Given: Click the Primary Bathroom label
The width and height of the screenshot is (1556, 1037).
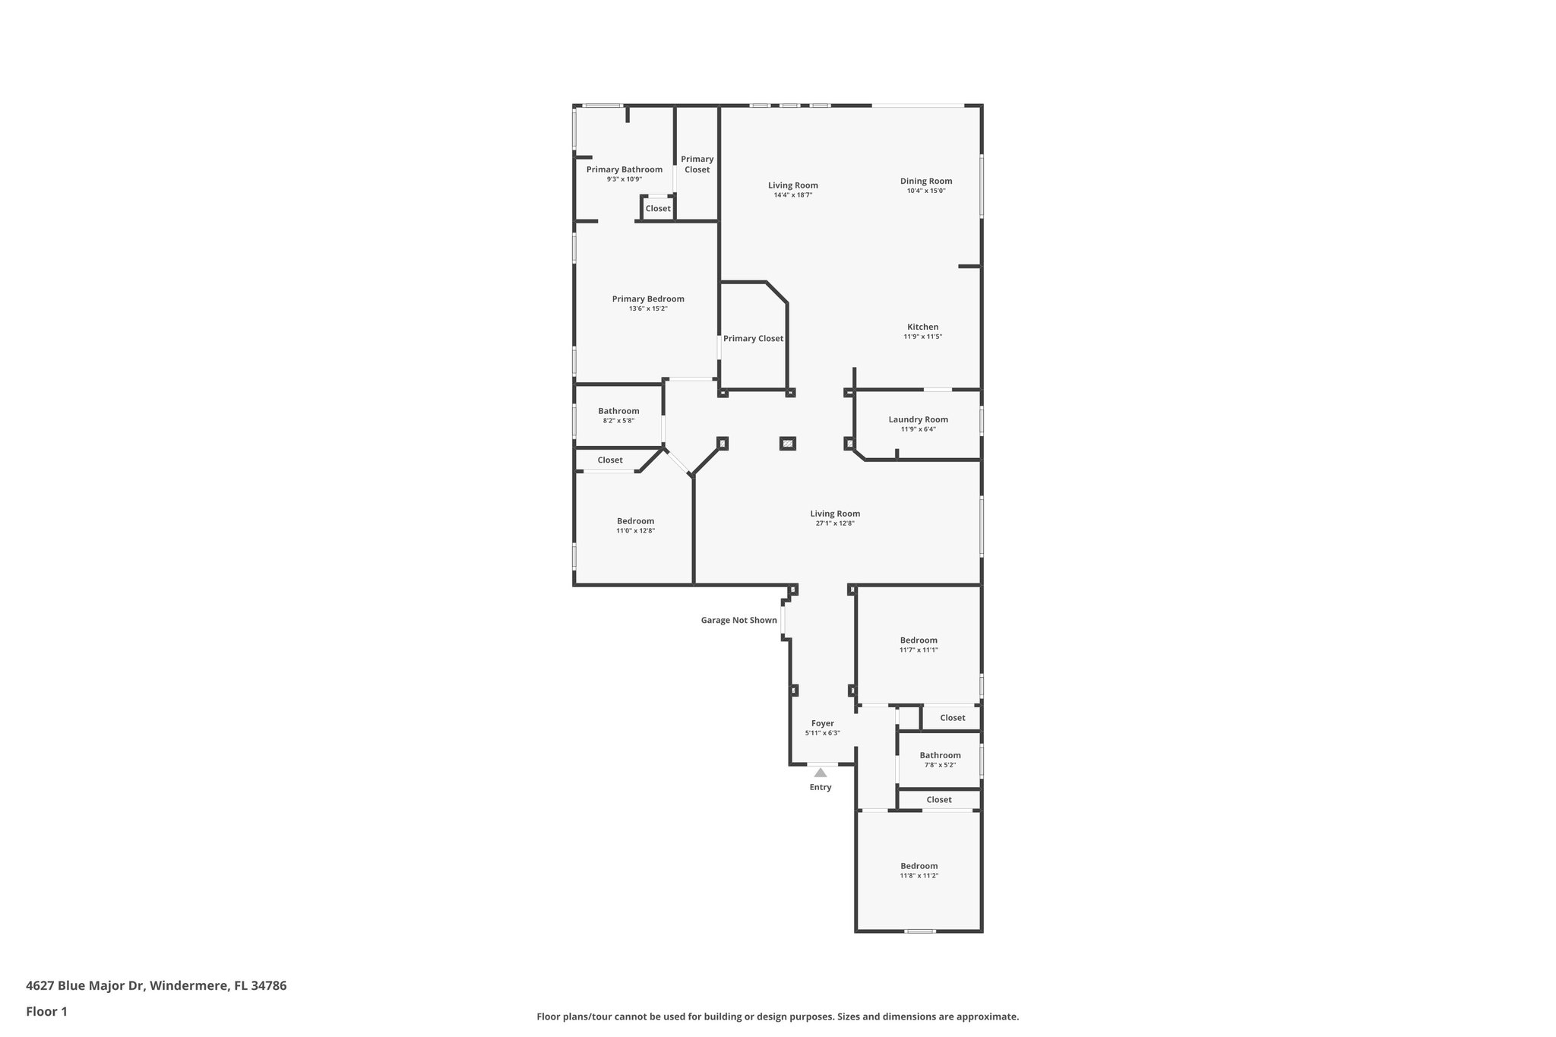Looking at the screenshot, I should pos(624,169).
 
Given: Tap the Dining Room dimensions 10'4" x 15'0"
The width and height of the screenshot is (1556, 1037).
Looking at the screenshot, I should pos(925,191).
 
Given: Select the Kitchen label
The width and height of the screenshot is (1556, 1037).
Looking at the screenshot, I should pos(922,327).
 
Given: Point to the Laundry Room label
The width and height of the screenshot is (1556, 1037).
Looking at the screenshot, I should pos(918,419).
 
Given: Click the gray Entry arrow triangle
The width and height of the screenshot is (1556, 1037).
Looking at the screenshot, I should pos(821,773).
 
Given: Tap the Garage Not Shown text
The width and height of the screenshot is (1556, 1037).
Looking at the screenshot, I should pos(738,620).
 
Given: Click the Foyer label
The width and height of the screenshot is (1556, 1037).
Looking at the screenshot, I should pos(822,723).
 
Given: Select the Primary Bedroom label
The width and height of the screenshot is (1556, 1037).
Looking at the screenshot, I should pos(648,299).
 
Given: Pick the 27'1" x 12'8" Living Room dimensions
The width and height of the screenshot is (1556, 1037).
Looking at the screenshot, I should pos(835,523).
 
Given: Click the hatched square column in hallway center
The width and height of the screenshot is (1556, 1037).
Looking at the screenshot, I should pos(788,443).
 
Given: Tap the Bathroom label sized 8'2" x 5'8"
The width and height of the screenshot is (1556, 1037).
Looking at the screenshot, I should pos(618,411).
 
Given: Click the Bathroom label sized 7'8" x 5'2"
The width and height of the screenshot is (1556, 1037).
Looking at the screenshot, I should pos(940,755).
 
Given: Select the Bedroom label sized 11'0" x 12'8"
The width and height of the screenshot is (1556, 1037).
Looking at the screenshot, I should pos(635,521).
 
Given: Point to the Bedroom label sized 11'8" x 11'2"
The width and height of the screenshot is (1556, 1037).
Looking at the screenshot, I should pos(919,866).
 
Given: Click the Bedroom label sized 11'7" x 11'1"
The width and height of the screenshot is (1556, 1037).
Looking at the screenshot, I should pos(919,640).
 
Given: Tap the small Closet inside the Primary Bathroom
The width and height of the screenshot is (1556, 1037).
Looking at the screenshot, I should pos(658,208).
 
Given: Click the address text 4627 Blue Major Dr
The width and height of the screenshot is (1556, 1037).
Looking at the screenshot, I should pos(156,986).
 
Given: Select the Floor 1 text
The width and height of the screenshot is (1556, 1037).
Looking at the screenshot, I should pos(46,1012).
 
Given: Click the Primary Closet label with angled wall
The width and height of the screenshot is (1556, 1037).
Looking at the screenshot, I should pos(753,338).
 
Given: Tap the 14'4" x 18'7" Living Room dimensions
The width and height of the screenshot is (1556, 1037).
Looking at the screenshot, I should pos(792,195).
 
